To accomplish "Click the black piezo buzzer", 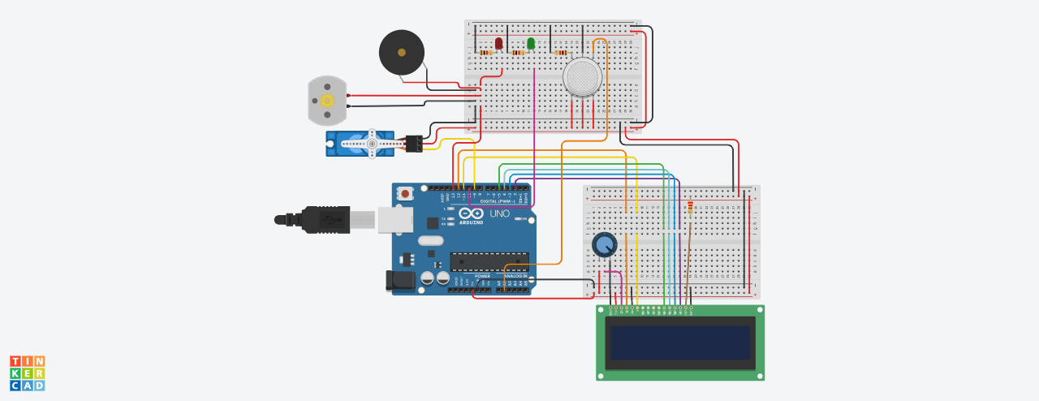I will coord(401,53).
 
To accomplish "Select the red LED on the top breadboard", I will coord(498,43).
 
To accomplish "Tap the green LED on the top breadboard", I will coord(531,43).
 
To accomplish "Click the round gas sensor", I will coord(582,77).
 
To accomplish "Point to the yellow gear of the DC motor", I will coord(327,101).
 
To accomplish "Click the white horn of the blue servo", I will coord(366,144).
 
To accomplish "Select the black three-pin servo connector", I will coord(414,144).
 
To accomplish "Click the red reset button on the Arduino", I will coord(404,194).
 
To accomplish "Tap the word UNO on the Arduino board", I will coord(499,213).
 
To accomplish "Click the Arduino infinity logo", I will coord(471,213).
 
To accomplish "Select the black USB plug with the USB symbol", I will coord(325,219).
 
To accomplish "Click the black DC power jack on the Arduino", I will coord(400,280).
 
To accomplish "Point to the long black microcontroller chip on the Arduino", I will coord(489,261).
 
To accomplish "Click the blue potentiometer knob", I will coord(605,244).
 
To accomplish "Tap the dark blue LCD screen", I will coord(680,343).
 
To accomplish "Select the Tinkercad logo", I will coord(27,373).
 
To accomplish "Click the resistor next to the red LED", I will coord(485,53).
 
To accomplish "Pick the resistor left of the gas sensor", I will coord(560,53).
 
